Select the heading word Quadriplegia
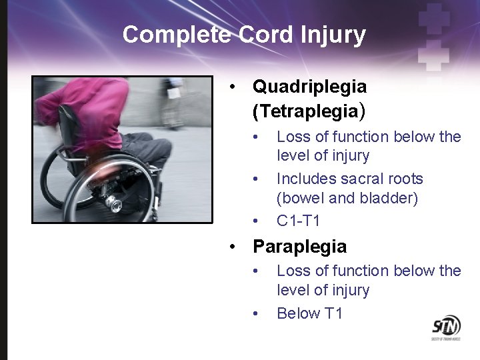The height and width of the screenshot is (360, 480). pyautogui.click(x=309, y=87)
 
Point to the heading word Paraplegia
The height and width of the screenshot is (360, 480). pyautogui.click(x=299, y=247)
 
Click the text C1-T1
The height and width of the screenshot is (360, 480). pyautogui.click(x=298, y=220)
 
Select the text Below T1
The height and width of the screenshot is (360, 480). pyautogui.click(x=309, y=313)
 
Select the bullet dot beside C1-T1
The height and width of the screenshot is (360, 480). pyautogui.click(x=255, y=221)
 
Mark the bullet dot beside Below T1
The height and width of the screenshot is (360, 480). pyautogui.click(x=255, y=314)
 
